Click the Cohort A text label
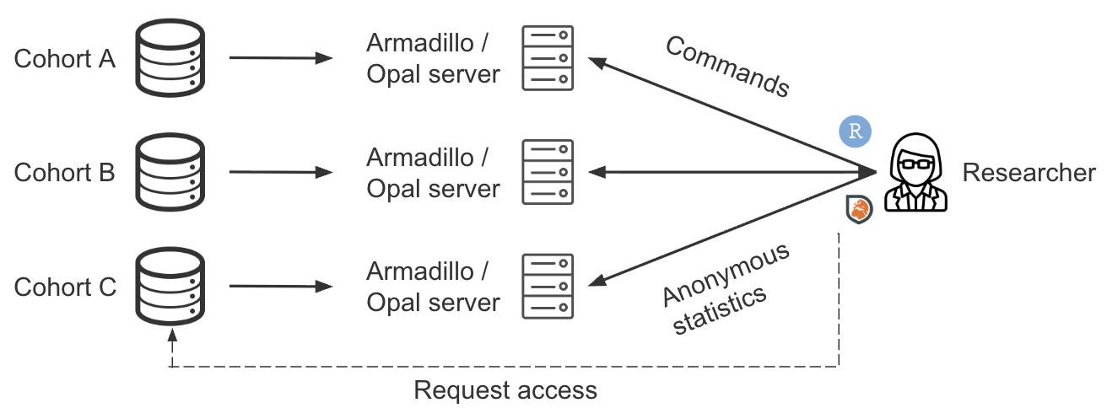click(x=64, y=59)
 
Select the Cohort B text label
click(x=64, y=173)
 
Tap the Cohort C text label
click(x=64, y=287)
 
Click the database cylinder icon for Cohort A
click(x=171, y=58)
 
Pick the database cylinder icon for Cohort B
click(x=171, y=172)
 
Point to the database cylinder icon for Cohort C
click(x=171, y=287)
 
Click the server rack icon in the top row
click(x=548, y=58)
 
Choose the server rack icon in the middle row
click(x=548, y=172)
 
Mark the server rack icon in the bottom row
click(x=548, y=287)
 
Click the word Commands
click(x=727, y=67)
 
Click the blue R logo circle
click(x=855, y=132)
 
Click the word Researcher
click(x=1029, y=174)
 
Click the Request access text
click(x=505, y=390)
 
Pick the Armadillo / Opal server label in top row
click(x=433, y=58)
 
